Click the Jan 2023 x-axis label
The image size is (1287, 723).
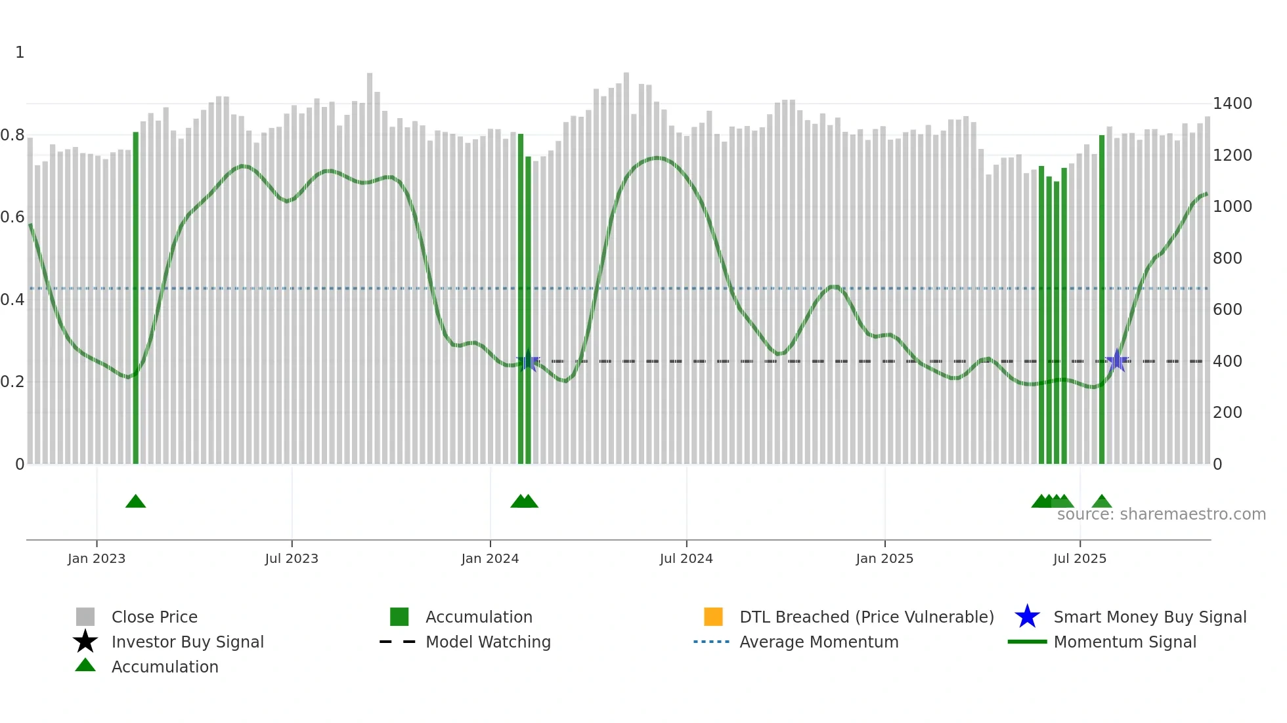coord(97,558)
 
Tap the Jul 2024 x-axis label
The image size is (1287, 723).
coord(686,558)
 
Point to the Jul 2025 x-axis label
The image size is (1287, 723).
coord(1080,558)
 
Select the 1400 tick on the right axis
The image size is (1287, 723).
coord(1232,104)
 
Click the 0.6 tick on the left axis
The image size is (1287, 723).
coord(12,217)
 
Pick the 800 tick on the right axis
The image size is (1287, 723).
coord(1227,258)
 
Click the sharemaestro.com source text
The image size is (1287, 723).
coord(1161,514)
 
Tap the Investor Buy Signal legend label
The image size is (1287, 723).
coord(188,642)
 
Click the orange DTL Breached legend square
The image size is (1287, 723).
coord(713,617)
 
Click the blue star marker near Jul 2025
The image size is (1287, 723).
coord(1116,361)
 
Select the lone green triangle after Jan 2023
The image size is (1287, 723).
coord(136,502)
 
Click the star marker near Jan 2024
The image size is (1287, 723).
coord(528,361)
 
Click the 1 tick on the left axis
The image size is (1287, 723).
coord(20,52)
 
